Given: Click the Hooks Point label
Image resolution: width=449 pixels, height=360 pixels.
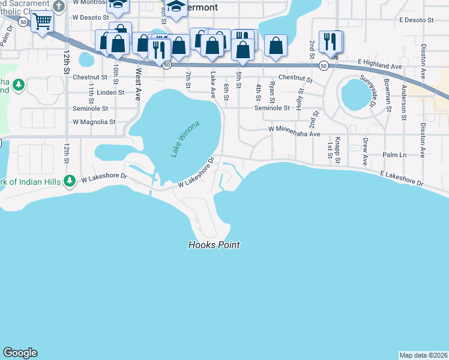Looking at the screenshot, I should pyautogui.click(x=214, y=245).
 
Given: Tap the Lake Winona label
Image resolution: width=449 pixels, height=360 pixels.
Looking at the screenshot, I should pyautogui.click(x=184, y=139).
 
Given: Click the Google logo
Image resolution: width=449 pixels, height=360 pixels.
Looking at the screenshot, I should pyautogui.click(x=20, y=353).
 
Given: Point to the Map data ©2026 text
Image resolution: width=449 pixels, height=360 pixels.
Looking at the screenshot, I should pyautogui.click(x=423, y=355).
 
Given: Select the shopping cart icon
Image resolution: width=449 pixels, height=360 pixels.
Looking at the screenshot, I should pyautogui.click(x=42, y=22).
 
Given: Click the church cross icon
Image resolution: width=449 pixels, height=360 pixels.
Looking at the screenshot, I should pyautogui.click(x=58, y=6).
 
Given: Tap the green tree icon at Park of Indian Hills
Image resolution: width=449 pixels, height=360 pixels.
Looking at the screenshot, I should pyautogui.click(x=70, y=179).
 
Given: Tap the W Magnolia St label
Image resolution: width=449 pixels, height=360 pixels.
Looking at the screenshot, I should pyautogui.click(x=94, y=122).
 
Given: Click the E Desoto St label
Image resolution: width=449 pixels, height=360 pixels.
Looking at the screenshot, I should pyautogui.click(x=415, y=20).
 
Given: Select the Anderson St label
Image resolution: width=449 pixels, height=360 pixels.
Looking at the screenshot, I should pyautogui.click(x=406, y=97).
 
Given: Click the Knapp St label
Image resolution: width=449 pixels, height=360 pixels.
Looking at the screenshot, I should pyautogui.click(x=338, y=151).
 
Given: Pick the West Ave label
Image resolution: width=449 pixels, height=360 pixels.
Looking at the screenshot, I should pyautogui.click(x=138, y=83).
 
